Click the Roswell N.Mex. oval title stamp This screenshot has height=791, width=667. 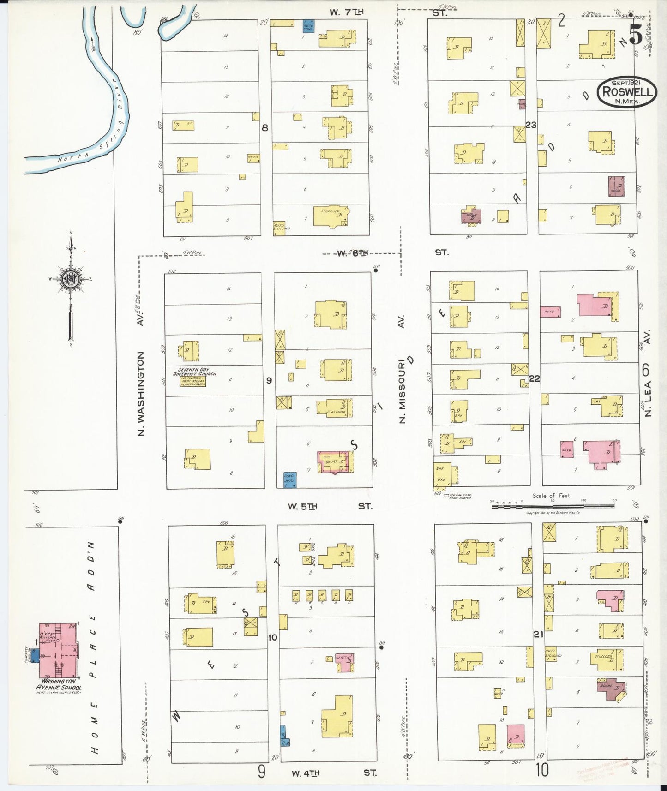click(x=627, y=91)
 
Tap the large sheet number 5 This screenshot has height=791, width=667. click(x=636, y=35)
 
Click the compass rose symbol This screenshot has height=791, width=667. click(x=71, y=280)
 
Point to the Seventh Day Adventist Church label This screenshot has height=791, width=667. click(x=194, y=372)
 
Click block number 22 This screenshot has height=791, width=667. click(x=534, y=378)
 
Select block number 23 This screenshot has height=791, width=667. click(x=531, y=125)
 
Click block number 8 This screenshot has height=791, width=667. click(x=264, y=128)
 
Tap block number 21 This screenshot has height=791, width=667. click(x=538, y=635)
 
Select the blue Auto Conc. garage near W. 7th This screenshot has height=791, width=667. click(x=308, y=26)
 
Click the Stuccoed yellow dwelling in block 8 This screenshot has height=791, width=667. click(x=331, y=216)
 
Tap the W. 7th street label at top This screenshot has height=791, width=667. click(x=346, y=12)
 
